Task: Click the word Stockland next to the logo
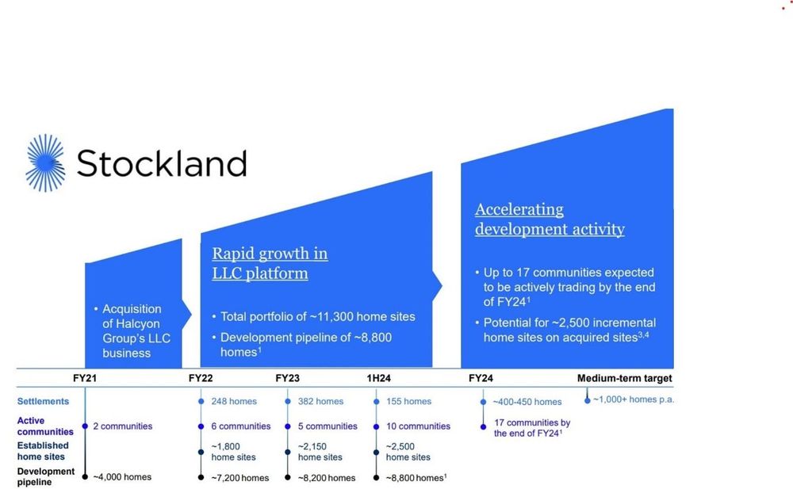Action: [x=161, y=163]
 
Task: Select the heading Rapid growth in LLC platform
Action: [x=270, y=263]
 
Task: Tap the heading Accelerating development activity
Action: [x=550, y=220]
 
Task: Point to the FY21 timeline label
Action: [x=85, y=378]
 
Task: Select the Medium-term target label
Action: [x=624, y=378]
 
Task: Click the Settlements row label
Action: [x=43, y=401]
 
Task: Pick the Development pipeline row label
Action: [x=46, y=476]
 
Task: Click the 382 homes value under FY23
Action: [x=320, y=402]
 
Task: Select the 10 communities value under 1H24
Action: [x=419, y=426]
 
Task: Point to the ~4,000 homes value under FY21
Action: [x=122, y=477]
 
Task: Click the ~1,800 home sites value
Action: [x=233, y=452]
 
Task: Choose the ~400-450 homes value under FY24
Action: [x=527, y=402]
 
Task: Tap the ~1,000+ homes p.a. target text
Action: [x=634, y=399]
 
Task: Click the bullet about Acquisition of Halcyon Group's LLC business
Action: [x=136, y=330]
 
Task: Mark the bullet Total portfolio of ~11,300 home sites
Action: [x=317, y=316]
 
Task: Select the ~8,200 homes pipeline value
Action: [x=327, y=478]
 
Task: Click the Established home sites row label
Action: [x=43, y=451]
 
